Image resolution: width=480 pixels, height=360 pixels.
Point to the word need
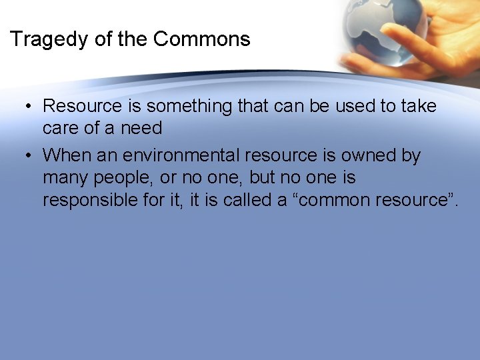(140, 127)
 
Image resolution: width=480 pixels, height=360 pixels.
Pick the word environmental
(181, 155)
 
